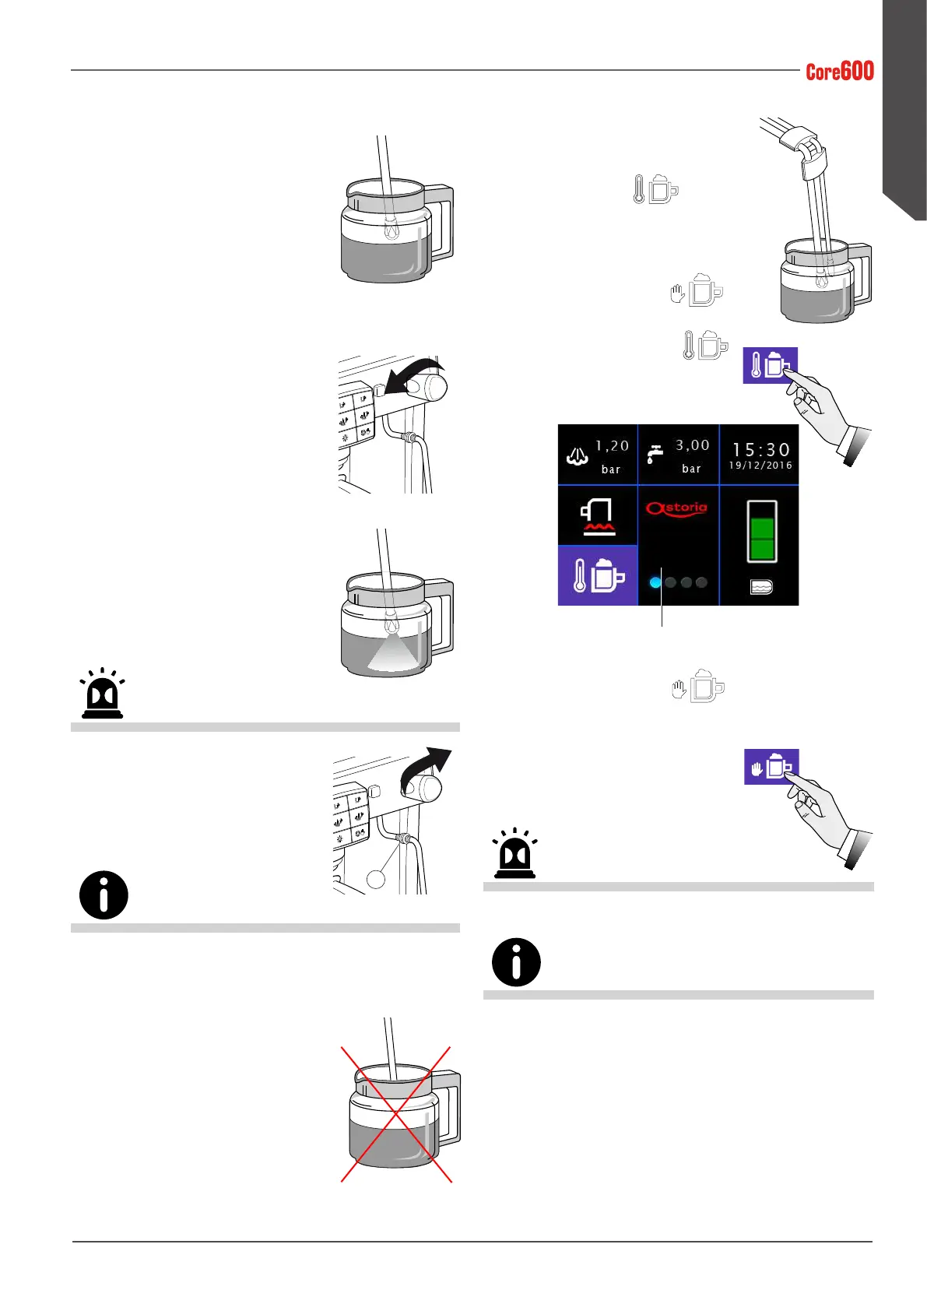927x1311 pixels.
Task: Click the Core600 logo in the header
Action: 839,72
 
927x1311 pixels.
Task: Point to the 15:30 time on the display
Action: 760,450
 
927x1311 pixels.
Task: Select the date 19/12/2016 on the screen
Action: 760,466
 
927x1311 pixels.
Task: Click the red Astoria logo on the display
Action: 676,509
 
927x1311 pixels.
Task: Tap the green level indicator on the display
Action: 762,531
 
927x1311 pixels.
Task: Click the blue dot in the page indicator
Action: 655,582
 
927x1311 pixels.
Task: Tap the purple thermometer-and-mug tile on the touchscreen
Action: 598,576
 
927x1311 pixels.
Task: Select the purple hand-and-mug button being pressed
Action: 771,767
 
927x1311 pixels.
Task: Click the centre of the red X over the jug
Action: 396,1115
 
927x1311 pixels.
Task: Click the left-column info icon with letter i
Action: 104,895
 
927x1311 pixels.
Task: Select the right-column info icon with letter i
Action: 516,962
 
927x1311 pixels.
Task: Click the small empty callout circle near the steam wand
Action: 376,878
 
